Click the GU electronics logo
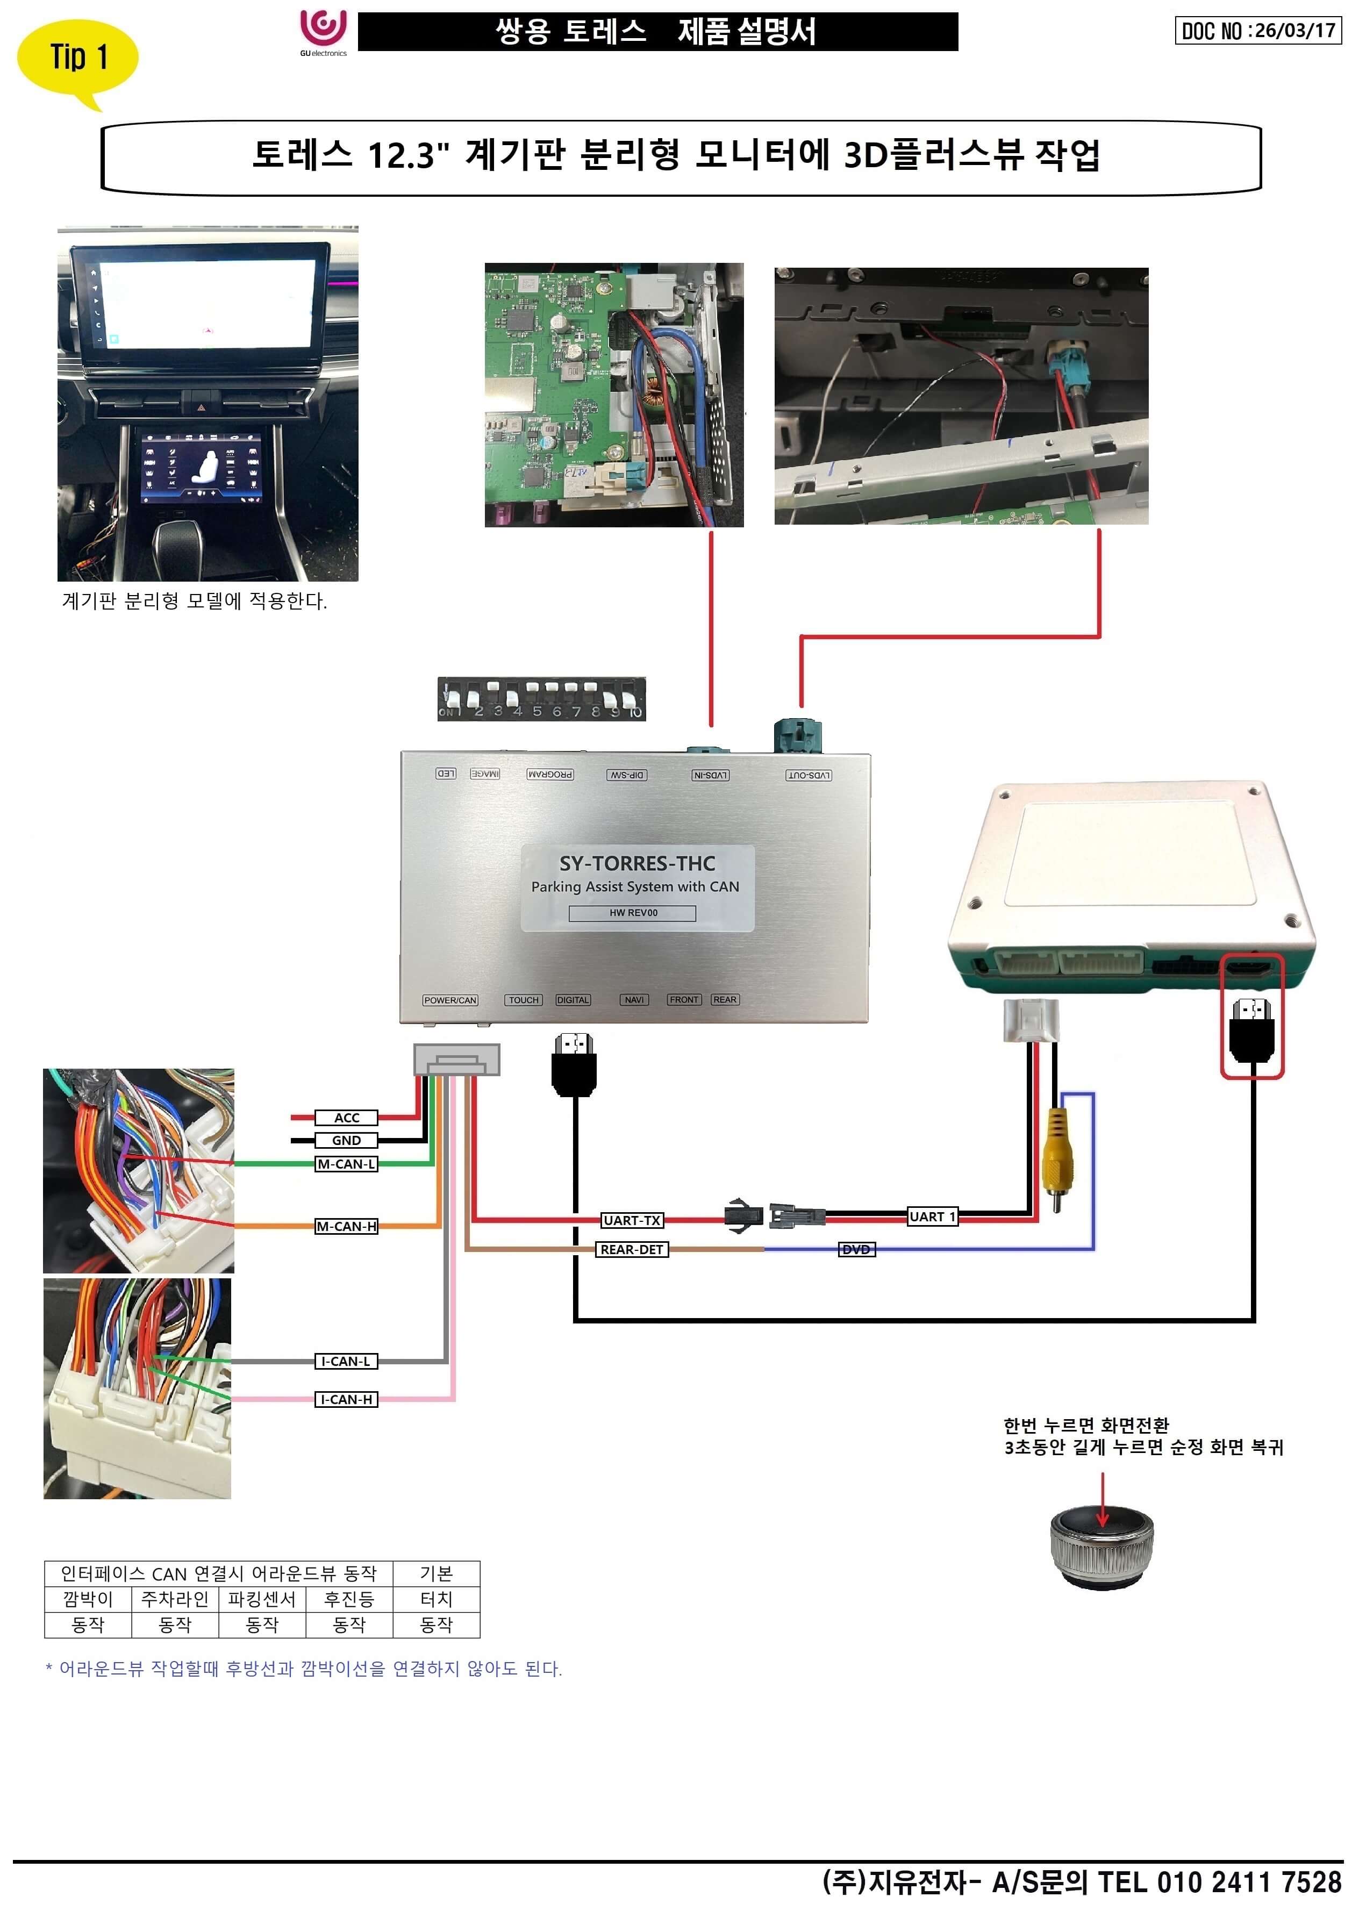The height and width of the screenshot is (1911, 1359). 323,31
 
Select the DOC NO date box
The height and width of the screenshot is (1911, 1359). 1258,31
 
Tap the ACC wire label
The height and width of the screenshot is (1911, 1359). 346,1117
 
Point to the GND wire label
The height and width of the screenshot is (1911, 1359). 346,1140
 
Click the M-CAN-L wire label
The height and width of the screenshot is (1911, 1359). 346,1163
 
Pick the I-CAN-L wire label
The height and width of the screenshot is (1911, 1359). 346,1361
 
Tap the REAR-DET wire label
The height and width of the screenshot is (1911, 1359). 632,1249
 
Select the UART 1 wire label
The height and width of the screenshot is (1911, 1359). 932,1216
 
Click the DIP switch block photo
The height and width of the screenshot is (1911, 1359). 541,699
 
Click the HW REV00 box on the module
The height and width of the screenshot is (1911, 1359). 633,913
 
